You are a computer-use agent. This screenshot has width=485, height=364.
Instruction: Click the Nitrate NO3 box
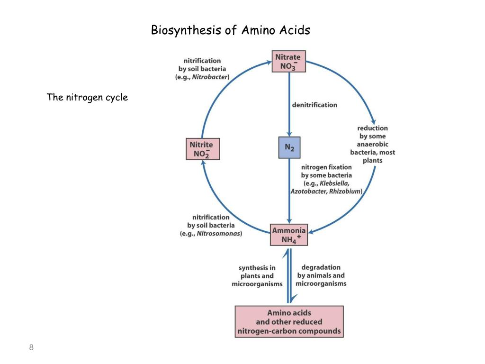coord(289,62)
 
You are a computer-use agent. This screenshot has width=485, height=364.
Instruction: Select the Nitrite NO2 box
coord(202,149)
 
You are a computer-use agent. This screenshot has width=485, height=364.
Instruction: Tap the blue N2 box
coord(289,147)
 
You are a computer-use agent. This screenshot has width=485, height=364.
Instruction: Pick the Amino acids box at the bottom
coord(289,321)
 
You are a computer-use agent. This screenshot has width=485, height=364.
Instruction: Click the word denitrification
coord(314,105)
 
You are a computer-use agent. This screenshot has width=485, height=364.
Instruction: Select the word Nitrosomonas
coord(219,234)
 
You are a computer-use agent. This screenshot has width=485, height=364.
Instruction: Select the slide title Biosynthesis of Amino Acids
coord(230,30)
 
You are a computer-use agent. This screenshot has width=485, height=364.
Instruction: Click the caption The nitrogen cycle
coord(87,98)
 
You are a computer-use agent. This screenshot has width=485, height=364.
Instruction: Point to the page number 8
coord(31,347)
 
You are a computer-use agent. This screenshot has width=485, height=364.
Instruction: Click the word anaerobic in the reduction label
coord(372,145)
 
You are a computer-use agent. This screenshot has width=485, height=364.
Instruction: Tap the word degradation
coord(321,267)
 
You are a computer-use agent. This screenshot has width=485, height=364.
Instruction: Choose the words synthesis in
coord(257,268)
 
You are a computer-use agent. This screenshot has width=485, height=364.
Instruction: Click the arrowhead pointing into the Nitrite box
coord(202,162)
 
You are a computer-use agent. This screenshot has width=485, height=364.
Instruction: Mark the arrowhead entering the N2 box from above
coord(289,133)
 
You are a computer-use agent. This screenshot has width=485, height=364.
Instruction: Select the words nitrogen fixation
coord(326,167)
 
